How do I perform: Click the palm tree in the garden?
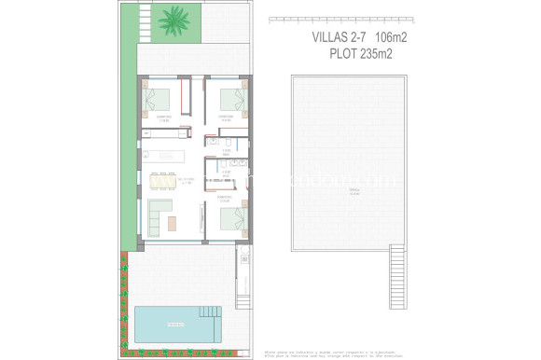click(173, 20)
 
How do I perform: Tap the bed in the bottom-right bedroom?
click(232, 219)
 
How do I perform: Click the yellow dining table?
click(165, 177)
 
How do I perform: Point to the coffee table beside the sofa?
click(174, 220)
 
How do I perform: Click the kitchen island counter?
click(165, 157)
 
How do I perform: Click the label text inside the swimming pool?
click(174, 324)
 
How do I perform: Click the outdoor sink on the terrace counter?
click(243, 256)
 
